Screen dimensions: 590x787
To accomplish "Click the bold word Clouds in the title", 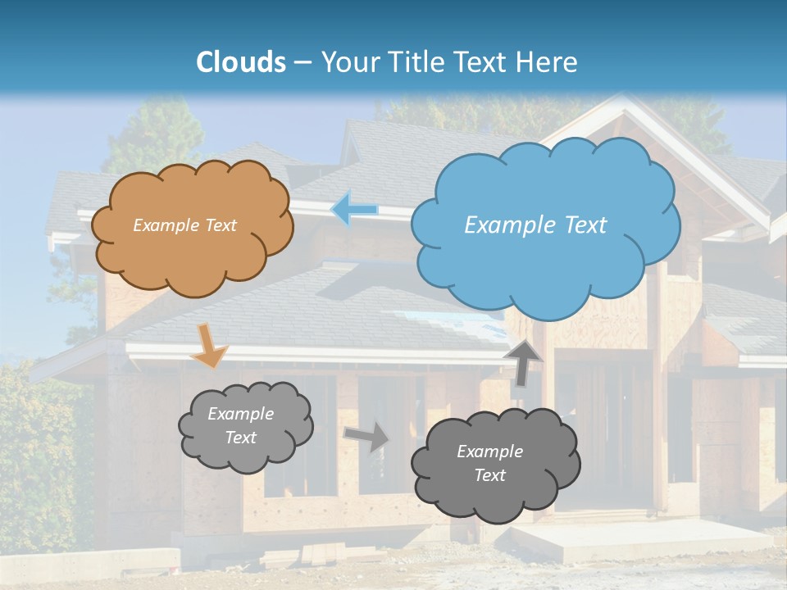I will point(241,62).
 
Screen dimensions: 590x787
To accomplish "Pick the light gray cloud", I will point(244,426).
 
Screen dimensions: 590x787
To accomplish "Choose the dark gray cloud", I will point(494,464).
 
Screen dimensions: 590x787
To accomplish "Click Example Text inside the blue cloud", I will point(535,225).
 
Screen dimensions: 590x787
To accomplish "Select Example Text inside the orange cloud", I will point(184,225).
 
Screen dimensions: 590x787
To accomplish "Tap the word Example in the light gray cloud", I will point(240,414).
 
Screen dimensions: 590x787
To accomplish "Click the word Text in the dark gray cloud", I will point(489,475).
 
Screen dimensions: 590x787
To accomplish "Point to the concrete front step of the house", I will point(639,541).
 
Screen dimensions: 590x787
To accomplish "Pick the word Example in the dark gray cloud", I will point(489,452).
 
